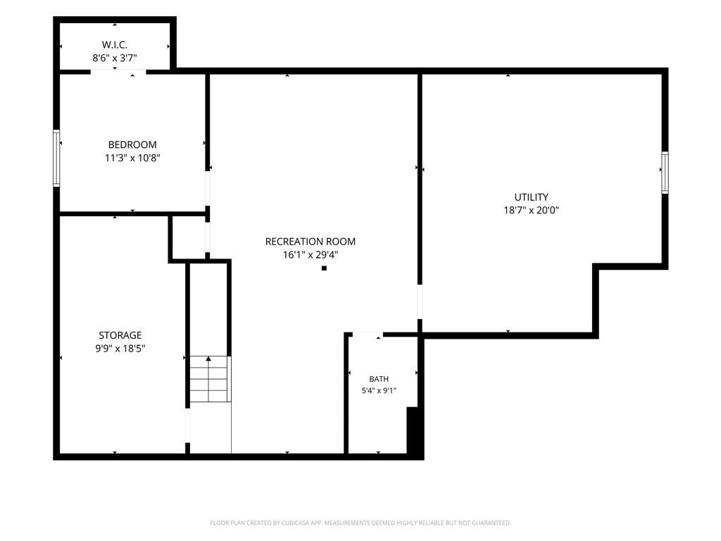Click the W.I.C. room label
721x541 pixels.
click(115, 44)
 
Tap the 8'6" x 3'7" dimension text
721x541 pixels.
click(115, 58)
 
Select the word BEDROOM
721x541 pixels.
click(132, 144)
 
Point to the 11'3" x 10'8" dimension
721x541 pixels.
click(132, 158)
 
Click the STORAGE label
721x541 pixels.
click(120, 335)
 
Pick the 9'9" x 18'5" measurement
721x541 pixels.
click(120, 349)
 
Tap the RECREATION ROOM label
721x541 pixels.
click(311, 242)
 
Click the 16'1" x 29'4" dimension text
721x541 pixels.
click(311, 255)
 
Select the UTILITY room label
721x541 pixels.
click(531, 197)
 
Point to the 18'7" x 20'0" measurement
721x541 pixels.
click(531, 210)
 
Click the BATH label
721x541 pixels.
click(379, 379)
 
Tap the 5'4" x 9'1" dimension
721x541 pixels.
click(379, 391)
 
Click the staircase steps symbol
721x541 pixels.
click(210, 379)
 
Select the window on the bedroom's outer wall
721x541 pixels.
click(56, 158)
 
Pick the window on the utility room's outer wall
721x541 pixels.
click(665, 173)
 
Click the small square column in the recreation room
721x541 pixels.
click(324, 268)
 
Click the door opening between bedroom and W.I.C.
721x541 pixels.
click(118, 72)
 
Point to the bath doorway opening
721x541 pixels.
click(368, 335)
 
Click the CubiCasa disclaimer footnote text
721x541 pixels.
click(360, 523)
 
